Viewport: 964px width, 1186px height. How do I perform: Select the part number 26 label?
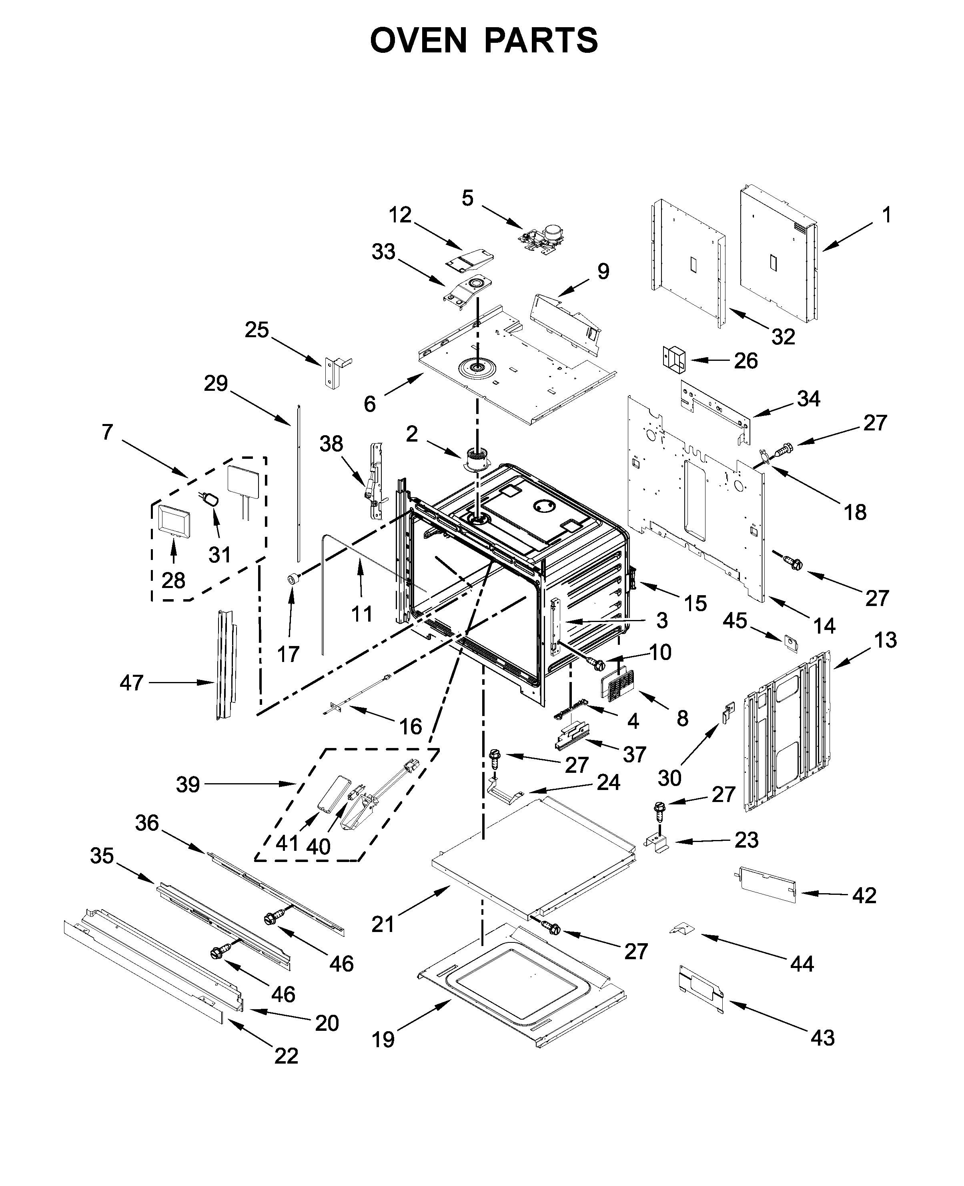tap(746, 361)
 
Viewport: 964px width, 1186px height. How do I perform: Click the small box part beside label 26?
tap(673, 358)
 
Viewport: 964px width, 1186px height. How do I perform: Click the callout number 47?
tap(132, 683)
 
